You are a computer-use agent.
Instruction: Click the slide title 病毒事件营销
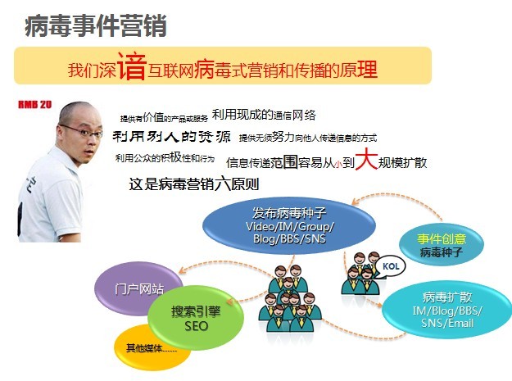pyautogui.click(x=96, y=25)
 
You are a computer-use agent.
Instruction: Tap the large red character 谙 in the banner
pyautogui.click(x=131, y=66)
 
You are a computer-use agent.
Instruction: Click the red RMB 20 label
pyautogui.click(x=35, y=105)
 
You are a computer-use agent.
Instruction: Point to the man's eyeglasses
pyautogui.click(x=82, y=131)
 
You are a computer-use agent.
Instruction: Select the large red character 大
pyautogui.click(x=366, y=159)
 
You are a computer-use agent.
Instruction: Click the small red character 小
pyautogui.click(x=338, y=164)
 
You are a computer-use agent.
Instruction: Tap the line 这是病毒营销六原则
pyautogui.click(x=194, y=184)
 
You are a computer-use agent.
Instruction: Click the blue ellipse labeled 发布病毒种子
pyautogui.click(x=289, y=225)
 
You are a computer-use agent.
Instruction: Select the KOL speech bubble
pyautogui.click(x=391, y=266)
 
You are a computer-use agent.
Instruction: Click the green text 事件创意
pyautogui.click(x=442, y=239)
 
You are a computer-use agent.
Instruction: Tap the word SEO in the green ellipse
pyautogui.click(x=196, y=326)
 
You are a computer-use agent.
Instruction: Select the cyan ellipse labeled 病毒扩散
pyautogui.click(x=447, y=310)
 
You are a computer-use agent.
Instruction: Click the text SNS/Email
pyautogui.click(x=447, y=323)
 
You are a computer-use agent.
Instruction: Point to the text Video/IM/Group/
pyautogui.click(x=290, y=226)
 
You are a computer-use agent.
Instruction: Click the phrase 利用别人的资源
pyautogui.click(x=171, y=136)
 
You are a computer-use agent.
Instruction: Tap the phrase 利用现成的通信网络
pyautogui.click(x=264, y=115)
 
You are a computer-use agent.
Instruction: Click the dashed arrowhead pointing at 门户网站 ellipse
pyautogui.click(x=182, y=270)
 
